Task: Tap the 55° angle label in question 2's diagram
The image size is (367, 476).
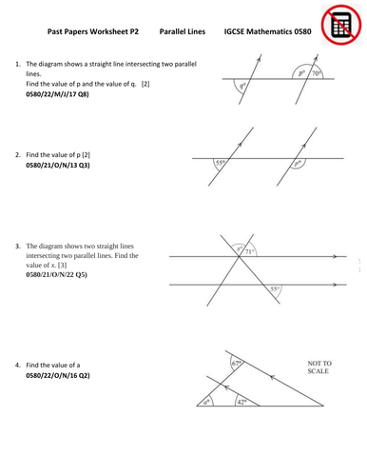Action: point(222,163)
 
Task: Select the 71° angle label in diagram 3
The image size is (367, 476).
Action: point(250,251)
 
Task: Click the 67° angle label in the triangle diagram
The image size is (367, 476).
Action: point(238,364)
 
